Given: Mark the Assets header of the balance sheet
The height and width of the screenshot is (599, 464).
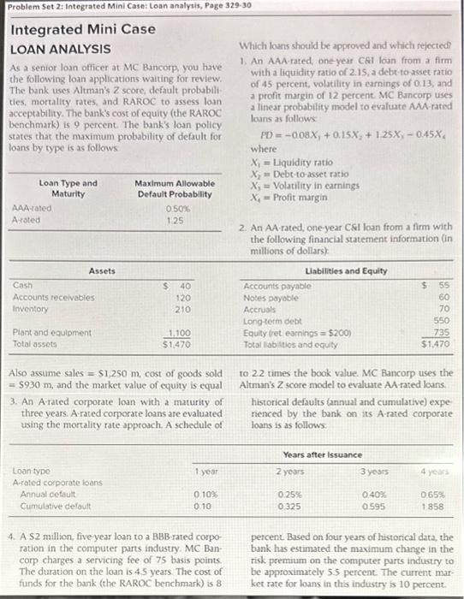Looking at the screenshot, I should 102,270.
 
